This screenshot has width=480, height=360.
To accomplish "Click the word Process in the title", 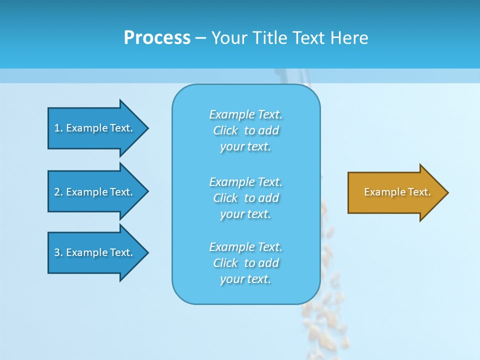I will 157,38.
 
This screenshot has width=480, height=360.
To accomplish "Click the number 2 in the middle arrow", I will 57,192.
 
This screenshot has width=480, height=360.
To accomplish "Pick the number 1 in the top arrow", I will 57,128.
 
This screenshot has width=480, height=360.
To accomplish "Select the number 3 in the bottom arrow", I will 57,252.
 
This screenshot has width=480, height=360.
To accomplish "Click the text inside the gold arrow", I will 397,192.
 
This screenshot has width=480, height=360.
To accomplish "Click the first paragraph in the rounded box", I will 245,130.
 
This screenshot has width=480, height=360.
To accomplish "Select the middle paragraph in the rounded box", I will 245,198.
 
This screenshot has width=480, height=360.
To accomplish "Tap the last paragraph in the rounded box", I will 245,263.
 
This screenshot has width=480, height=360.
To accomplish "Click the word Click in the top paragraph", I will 225,130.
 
